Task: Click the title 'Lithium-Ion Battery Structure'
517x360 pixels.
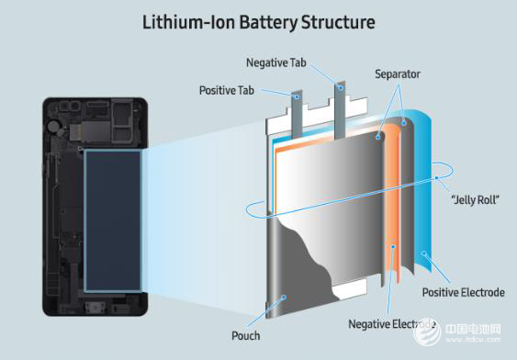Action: (259, 23)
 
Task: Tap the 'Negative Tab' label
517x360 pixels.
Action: (276, 62)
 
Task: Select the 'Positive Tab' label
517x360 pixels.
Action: (227, 90)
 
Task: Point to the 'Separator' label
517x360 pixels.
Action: (398, 74)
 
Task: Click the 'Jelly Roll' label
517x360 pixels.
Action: (475, 199)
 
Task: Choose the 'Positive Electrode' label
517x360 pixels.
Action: (463, 292)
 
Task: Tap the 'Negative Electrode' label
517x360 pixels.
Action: (392, 324)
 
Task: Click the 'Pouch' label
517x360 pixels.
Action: (245, 336)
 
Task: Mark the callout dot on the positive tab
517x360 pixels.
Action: (297, 97)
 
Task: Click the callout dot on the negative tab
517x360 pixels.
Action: (341, 88)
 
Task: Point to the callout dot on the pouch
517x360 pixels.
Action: (283, 298)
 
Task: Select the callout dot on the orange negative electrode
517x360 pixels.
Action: (393, 246)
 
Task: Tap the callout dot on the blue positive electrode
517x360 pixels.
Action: (424, 253)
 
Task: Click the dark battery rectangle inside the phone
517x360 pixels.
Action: (113, 221)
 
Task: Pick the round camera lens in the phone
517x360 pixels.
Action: (52, 126)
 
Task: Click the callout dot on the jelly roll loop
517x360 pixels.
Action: (436, 178)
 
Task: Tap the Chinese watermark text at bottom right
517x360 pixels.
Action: (473, 329)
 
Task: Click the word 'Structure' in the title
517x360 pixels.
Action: (338, 23)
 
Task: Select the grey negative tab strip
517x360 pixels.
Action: (340, 110)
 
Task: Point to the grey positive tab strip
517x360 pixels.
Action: (297, 116)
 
